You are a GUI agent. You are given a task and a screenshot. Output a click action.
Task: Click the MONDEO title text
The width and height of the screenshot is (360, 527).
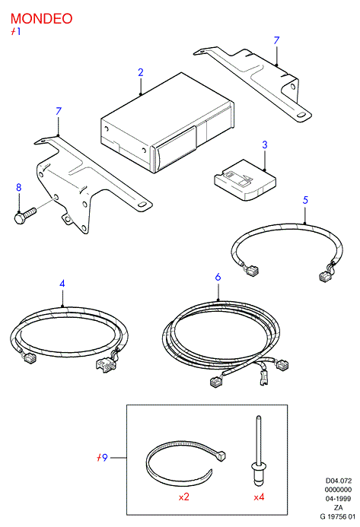(41, 18)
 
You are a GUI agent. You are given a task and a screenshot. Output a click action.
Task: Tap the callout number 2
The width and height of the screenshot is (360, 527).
(141, 72)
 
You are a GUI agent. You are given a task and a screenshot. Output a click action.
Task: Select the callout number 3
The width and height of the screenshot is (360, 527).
(265, 144)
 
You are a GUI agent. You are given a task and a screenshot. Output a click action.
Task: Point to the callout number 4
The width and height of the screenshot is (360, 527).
(62, 284)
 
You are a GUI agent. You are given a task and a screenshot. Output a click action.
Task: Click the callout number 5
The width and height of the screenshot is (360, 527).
(305, 200)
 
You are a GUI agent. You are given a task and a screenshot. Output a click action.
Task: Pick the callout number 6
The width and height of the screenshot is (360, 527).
(218, 277)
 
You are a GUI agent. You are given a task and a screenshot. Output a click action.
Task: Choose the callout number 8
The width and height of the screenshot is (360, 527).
(19, 187)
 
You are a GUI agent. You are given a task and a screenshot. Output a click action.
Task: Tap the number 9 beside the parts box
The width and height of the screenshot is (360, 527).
(104, 458)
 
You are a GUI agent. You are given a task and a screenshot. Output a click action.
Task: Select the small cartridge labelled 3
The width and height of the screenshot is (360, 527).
(245, 180)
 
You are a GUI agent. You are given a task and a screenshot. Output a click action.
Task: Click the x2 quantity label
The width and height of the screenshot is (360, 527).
(184, 497)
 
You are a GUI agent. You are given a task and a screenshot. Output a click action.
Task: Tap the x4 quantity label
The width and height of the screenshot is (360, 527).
(259, 497)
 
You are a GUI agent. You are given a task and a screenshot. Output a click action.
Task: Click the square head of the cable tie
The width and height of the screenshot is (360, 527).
(221, 456)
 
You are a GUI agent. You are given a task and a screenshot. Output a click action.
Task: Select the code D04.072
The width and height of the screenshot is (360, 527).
(339, 481)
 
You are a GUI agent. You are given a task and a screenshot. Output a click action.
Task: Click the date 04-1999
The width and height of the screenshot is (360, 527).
(338, 499)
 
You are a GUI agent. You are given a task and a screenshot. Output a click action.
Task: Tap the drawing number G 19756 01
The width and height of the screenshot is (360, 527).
(337, 516)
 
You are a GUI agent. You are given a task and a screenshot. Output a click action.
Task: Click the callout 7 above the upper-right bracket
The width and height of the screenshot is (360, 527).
(276, 40)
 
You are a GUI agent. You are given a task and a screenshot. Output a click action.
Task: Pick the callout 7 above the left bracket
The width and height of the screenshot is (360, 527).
(59, 111)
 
